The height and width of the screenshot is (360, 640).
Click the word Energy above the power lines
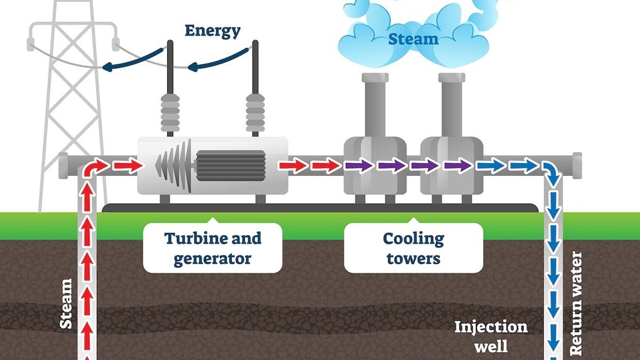[x=212, y=31]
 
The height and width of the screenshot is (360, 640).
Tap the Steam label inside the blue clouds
[x=413, y=39]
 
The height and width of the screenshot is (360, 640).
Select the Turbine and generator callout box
[x=212, y=248]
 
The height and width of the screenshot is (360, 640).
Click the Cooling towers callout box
[x=413, y=248]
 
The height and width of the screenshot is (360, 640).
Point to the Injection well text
[x=490, y=336]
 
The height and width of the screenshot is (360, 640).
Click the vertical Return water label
[x=576, y=303]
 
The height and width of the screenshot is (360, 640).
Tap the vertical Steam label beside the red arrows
[x=66, y=303]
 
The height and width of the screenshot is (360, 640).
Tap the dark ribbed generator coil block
[x=230, y=166]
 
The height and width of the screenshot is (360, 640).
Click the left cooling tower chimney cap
[x=375, y=78]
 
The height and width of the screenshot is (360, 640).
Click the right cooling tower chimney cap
[x=452, y=78]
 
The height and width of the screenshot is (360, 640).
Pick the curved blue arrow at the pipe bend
[x=552, y=174]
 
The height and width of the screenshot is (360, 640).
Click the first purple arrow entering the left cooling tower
[x=358, y=166]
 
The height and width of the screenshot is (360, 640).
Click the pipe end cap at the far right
[x=577, y=166]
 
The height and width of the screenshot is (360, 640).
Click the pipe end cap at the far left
[x=63, y=166]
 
